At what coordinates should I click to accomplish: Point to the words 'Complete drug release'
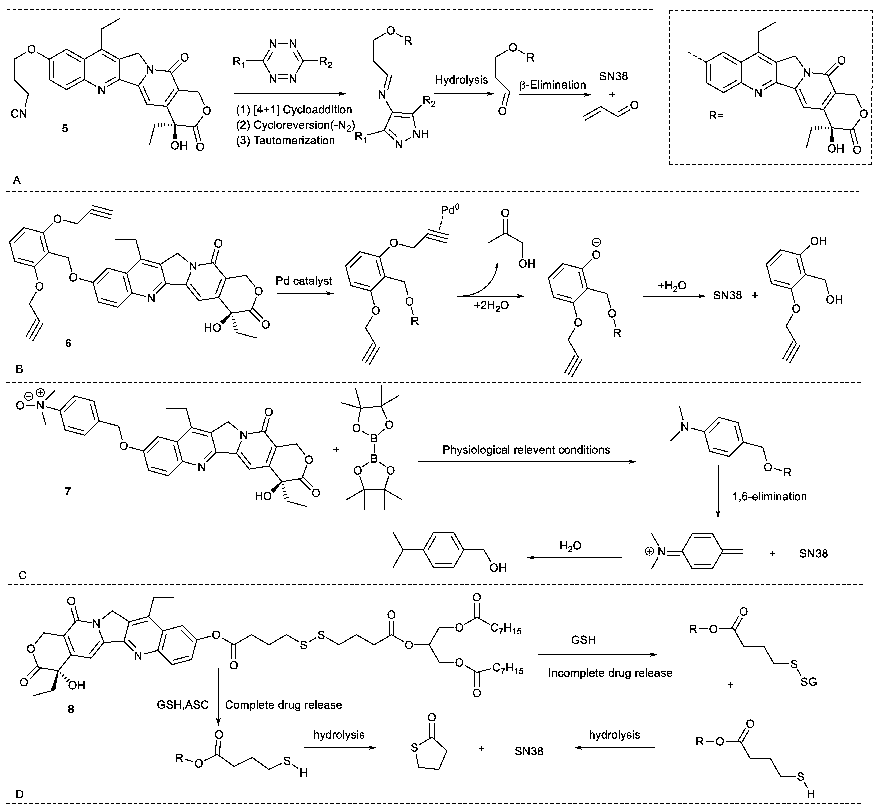[283, 705]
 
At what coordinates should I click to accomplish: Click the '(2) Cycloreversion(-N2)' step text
[294, 125]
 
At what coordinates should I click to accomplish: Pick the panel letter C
[23, 575]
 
